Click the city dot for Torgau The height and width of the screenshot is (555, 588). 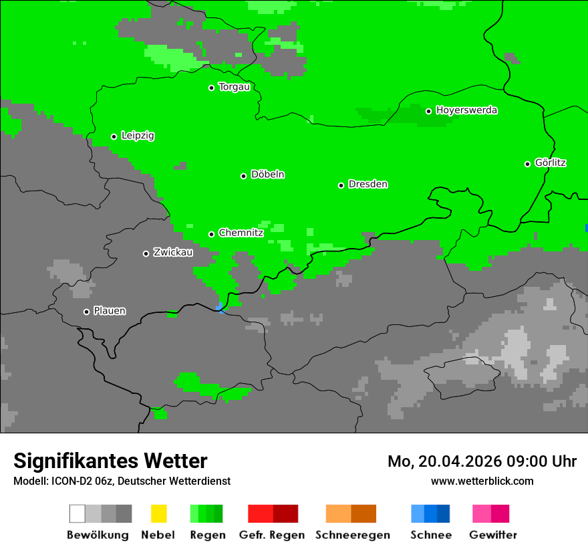click(211, 88)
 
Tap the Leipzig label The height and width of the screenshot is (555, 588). click(138, 136)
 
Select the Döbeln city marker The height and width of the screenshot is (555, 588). click(243, 176)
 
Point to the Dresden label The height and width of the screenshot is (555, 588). click(367, 185)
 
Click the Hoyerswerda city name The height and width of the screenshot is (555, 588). click(466, 110)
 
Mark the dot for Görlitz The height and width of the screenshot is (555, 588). click(527, 164)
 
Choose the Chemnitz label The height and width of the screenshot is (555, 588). click(241, 233)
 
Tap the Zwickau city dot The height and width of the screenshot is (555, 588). click(146, 253)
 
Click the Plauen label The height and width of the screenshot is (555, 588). click(110, 311)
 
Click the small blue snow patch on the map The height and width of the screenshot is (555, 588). click(220, 308)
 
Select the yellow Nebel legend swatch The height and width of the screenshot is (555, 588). click(158, 514)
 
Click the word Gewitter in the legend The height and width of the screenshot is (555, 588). click(493, 535)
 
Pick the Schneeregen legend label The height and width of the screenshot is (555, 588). click(352, 535)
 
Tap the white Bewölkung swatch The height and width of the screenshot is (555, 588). click(77, 514)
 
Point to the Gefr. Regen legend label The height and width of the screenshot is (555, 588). click(272, 535)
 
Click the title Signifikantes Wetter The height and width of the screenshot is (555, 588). click(110, 461)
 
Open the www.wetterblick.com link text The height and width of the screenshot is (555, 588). click(482, 481)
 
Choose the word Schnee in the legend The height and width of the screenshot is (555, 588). click(430, 535)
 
